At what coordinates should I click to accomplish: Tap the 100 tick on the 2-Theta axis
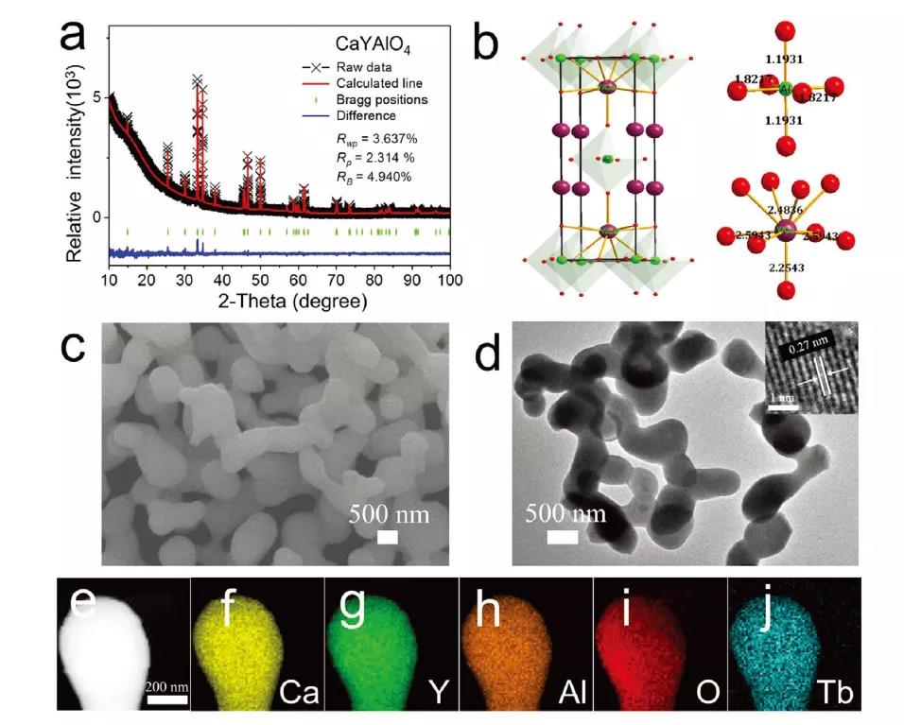(x=451, y=281)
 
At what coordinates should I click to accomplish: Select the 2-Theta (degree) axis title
(x=279, y=302)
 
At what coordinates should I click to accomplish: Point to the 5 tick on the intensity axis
(x=96, y=96)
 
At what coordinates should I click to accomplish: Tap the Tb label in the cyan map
(x=836, y=696)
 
